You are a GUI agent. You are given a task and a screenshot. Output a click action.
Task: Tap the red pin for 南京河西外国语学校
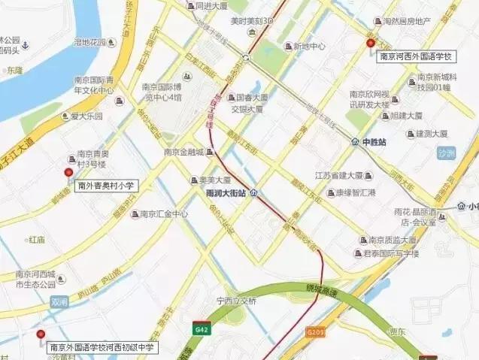(x=370, y=44)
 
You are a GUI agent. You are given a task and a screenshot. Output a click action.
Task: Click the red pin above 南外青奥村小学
(x=68, y=172)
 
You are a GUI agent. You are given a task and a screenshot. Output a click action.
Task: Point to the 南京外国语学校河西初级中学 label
(x=102, y=347)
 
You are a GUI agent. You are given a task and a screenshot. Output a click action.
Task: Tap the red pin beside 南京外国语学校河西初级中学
(x=41, y=334)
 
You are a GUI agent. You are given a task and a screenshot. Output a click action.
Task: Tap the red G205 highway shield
(x=315, y=330)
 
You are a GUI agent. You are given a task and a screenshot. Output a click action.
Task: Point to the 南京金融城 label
(x=185, y=152)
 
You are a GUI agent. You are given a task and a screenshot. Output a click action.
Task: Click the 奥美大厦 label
(x=214, y=180)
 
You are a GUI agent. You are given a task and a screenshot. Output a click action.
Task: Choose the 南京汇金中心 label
(x=164, y=214)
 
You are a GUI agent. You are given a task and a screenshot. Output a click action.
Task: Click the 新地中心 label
(x=309, y=47)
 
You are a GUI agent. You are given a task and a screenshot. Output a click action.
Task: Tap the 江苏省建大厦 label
(x=339, y=176)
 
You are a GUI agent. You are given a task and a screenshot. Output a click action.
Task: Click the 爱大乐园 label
(x=86, y=116)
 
